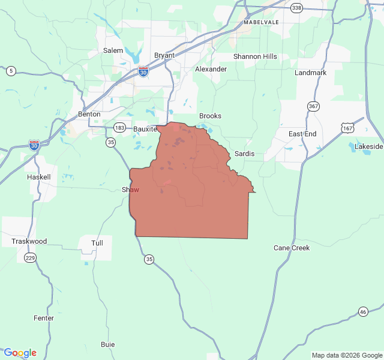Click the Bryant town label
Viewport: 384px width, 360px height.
click(x=164, y=55)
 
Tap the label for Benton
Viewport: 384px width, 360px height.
click(x=89, y=114)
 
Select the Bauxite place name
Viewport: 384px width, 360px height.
click(x=145, y=128)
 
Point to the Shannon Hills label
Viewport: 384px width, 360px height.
click(x=255, y=56)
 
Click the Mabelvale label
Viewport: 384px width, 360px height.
click(x=262, y=22)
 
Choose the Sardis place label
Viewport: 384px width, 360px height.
click(x=244, y=154)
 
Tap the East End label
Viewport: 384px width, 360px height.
click(x=302, y=134)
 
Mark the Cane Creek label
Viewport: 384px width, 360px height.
click(x=292, y=248)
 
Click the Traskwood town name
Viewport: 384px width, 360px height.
click(x=29, y=241)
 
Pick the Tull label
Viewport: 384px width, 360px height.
click(x=97, y=243)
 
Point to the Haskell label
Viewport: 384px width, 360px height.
click(x=39, y=178)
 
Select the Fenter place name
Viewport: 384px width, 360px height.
click(x=44, y=318)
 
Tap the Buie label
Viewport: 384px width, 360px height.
click(x=108, y=344)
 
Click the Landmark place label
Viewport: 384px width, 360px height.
click(x=311, y=73)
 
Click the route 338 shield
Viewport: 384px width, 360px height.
click(x=296, y=8)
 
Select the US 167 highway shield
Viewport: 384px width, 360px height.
click(x=348, y=128)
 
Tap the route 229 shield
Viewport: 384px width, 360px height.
click(x=29, y=257)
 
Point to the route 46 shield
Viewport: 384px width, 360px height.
click(x=363, y=311)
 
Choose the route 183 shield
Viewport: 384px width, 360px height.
click(x=120, y=128)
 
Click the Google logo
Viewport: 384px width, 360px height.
click(x=20, y=353)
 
